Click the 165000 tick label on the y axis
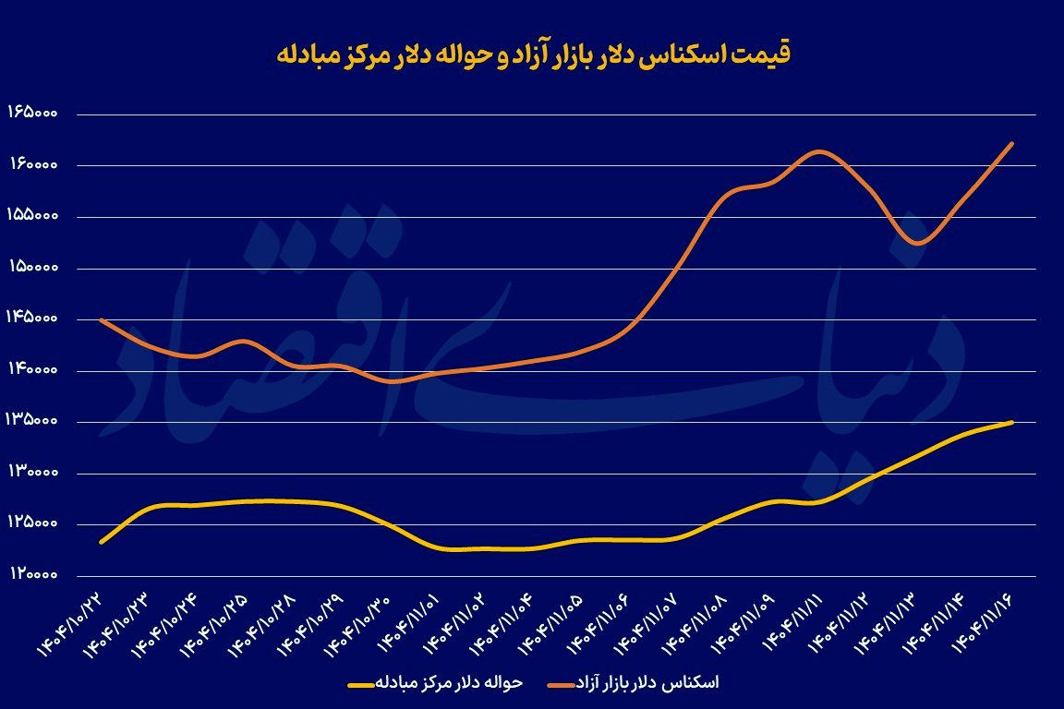(33, 113)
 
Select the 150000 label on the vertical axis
(33, 268)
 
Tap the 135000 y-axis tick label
(33, 422)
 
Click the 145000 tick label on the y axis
(33, 318)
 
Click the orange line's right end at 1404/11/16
(1013, 143)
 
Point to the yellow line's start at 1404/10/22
(100, 542)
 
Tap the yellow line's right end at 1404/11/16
(1013, 422)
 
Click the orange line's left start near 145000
(100, 319)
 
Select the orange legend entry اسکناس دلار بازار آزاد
(647, 683)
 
